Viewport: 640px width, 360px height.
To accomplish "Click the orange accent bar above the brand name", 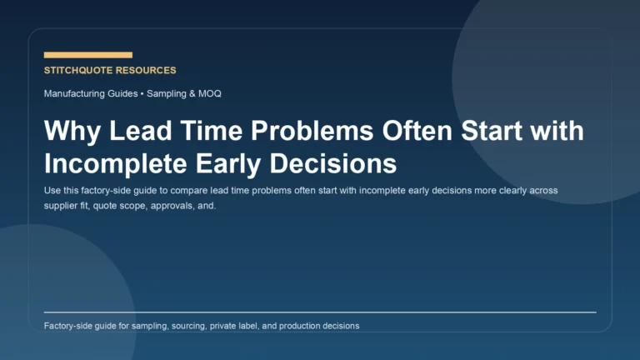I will tap(87, 55).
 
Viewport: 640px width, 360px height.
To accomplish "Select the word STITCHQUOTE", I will tap(79, 71).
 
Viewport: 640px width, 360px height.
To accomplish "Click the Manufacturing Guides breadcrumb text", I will tap(91, 93).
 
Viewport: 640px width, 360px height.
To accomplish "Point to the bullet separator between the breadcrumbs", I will tap(142, 93).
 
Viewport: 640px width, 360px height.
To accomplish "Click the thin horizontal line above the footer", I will tap(320, 312).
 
